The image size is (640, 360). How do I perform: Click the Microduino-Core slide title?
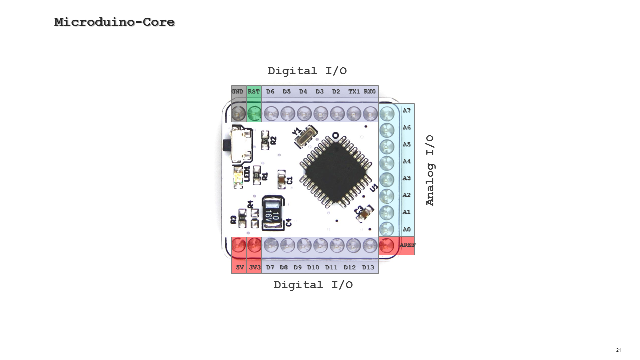coord(114,22)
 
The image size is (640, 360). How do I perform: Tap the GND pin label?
coord(237,92)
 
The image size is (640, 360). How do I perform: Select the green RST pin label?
coord(254,92)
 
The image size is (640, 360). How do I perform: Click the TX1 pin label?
coord(354,92)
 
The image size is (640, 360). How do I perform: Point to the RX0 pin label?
coord(370,92)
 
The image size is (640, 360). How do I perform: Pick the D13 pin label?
coord(368,267)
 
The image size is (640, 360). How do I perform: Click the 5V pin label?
coord(240,267)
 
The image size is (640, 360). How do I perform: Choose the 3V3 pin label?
coord(255,267)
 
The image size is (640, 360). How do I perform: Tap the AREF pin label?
coord(407,245)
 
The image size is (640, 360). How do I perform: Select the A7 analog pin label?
coord(407,111)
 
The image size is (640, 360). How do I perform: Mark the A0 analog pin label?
coord(407,230)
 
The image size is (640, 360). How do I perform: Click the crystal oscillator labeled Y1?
coord(305,137)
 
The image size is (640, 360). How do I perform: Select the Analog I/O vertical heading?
coord(430,170)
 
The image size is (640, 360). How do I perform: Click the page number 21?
coord(618,350)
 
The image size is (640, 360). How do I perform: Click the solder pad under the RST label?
coord(254,113)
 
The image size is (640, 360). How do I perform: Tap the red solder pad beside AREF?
coord(386,245)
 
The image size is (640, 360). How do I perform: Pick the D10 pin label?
coord(313,267)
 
